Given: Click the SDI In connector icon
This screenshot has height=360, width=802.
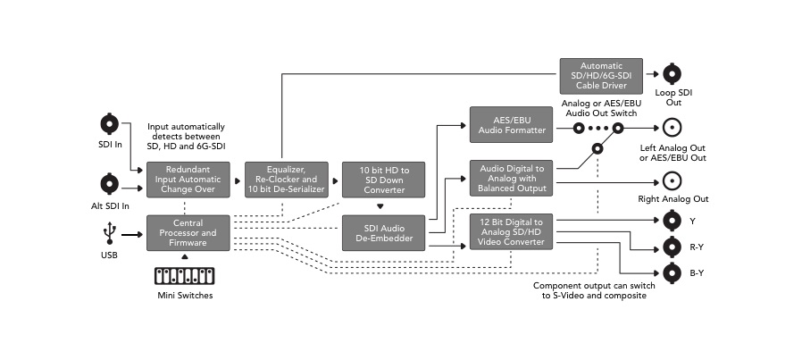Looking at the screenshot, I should coord(110,123).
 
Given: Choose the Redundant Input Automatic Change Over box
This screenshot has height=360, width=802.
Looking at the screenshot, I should coord(188,179).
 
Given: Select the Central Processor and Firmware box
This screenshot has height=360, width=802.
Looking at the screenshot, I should coord(188,233).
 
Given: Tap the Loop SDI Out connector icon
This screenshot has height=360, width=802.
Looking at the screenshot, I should coord(673,75).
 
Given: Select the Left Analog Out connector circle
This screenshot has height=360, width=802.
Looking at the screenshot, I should coord(673,127).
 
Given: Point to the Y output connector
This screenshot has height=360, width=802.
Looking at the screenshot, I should coord(673,219).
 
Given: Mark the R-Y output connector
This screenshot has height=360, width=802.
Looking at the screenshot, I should coord(673,246).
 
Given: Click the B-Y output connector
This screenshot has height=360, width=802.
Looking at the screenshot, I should coord(673,272).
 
